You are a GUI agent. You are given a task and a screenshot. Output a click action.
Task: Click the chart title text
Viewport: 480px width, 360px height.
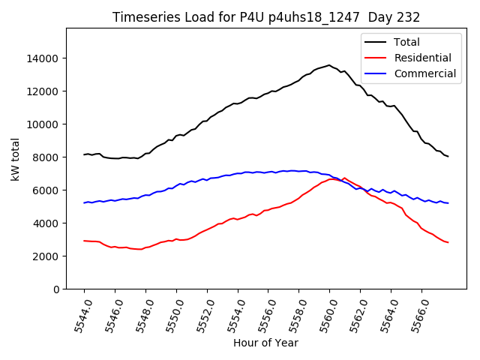(266, 17)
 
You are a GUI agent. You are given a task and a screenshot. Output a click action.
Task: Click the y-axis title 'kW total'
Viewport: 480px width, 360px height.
(16, 159)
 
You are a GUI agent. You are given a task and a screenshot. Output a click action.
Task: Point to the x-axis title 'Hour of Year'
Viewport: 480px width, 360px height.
(265, 343)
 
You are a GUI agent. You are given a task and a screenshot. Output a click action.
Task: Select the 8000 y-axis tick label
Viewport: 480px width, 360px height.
(47, 157)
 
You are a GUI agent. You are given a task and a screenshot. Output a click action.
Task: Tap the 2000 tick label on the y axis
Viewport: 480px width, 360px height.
(47, 256)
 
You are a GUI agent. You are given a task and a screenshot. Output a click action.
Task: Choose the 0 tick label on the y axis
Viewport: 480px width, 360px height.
(56, 289)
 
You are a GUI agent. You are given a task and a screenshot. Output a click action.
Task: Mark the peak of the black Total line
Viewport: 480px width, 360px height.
(328, 64)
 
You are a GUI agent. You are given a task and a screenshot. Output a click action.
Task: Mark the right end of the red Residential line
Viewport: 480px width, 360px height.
(448, 242)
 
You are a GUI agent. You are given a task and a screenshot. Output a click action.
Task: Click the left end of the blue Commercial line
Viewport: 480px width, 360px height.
(84, 202)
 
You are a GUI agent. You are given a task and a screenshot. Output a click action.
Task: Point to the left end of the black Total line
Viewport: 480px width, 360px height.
(84, 154)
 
